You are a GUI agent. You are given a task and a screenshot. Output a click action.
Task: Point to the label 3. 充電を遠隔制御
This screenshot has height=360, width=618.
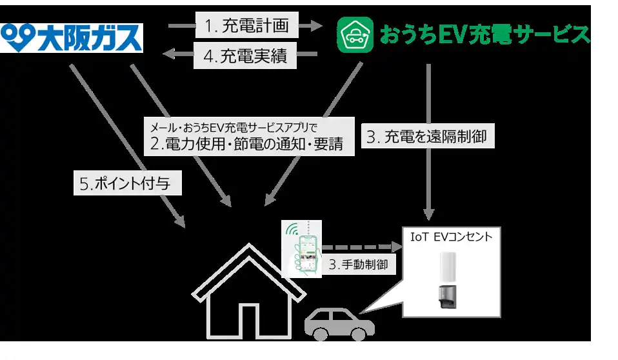(426, 137)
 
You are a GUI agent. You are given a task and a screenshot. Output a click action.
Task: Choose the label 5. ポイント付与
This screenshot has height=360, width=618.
(127, 184)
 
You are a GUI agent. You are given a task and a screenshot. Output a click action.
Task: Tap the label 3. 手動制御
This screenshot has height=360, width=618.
(358, 265)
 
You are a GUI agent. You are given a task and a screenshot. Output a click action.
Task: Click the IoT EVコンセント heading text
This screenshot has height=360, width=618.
(451, 237)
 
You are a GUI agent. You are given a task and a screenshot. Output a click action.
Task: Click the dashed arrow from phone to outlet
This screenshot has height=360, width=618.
(359, 247)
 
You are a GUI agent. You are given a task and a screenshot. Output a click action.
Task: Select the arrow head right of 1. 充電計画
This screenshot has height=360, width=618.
(312, 26)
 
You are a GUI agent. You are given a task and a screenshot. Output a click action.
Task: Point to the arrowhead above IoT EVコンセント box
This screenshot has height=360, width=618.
(428, 214)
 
